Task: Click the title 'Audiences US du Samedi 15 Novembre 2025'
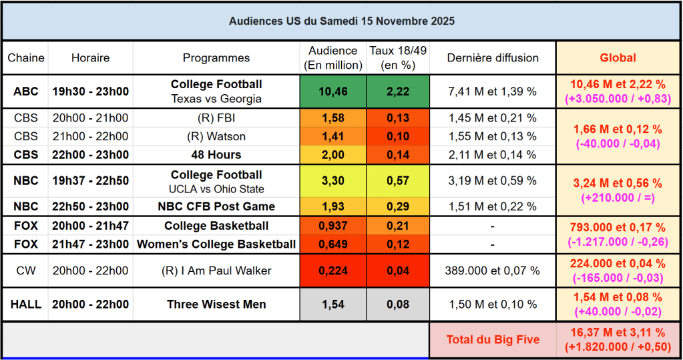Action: pyautogui.click(x=342, y=21)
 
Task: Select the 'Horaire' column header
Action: pyautogui.click(x=90, y=58)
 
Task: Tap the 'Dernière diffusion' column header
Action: pyautogui.click(x=493, y=58)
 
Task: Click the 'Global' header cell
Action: pyautogui.click(x=618, y=58)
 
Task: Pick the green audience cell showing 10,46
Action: pyautogui.click(x=332, y=92)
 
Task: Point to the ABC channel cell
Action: pyautogui.click(x=26, y=92)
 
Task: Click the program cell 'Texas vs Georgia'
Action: pyautogui.click(x=216, y=99)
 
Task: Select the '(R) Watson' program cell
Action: pyautogui.click(x=216, y=137)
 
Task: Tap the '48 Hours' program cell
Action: pyautogui.click(x=216, y=155)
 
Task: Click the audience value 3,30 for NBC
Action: pyautogui.click(x=332, y=180)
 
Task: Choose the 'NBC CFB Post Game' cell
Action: pyautogui.click(x=216, y=206)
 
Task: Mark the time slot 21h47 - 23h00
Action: pyautogui.click(x=90, y=244)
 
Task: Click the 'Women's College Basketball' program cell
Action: pyautogui.click(x=216, y=244)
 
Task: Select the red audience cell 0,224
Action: pyautogui.click(x=332, y=271)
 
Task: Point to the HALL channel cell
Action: pyautogui.click(x=26, y=305)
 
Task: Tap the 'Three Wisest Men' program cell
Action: pyautogui.click(x=216, y=305)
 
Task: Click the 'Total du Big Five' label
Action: pyautogui.click(x=493, y=340)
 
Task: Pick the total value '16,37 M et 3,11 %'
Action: pyautogui.click(x=618, y=333)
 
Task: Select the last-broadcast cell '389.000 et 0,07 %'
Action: pyautogui.click(x=493, y=271)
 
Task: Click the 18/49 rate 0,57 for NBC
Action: pyautogui.click(x=398, y=180)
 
